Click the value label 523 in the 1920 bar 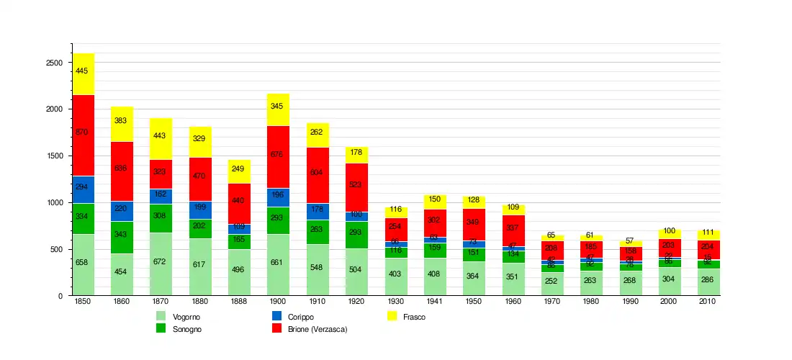click(356, 184)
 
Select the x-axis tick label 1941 click(433, 302)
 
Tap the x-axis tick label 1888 click(239, 302)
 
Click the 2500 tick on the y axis click(54, 63)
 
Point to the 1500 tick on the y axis click(54, 156)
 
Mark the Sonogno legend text click(187, 329)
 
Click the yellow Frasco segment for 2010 click(708, 235)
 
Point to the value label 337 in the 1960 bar click(511, 228)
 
